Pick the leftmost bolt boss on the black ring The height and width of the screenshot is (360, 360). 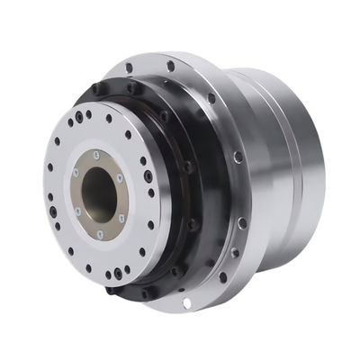pos(94,89)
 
